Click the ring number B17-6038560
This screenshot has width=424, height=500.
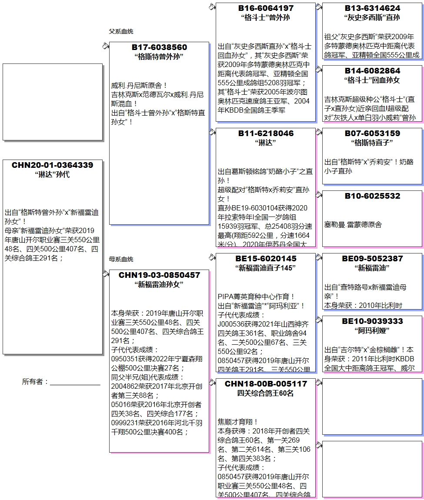point(159,47)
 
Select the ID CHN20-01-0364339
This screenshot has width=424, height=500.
point(52,165)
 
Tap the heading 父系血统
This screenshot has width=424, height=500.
point(121,31)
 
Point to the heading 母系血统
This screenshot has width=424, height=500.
point(121,259)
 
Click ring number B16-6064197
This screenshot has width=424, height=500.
point(266,8)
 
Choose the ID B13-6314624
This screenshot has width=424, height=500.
point(372,8)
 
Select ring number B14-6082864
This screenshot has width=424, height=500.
point(372,71)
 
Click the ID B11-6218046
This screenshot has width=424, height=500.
point(266,133)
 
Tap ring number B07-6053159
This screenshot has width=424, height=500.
point(372,133)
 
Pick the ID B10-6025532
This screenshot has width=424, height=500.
point(372,196)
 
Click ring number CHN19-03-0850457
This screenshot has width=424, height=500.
point(159,275)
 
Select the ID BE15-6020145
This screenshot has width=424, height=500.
point(266,259)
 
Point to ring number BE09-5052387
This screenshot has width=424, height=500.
point(372,259)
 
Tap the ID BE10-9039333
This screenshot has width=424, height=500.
point(372,321)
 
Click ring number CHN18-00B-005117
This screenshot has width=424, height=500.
point(266,384)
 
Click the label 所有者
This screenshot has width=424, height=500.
point(35,382)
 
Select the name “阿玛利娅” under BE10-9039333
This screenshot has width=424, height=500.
point(372,330)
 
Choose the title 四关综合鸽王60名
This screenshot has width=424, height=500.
point(266,393)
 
